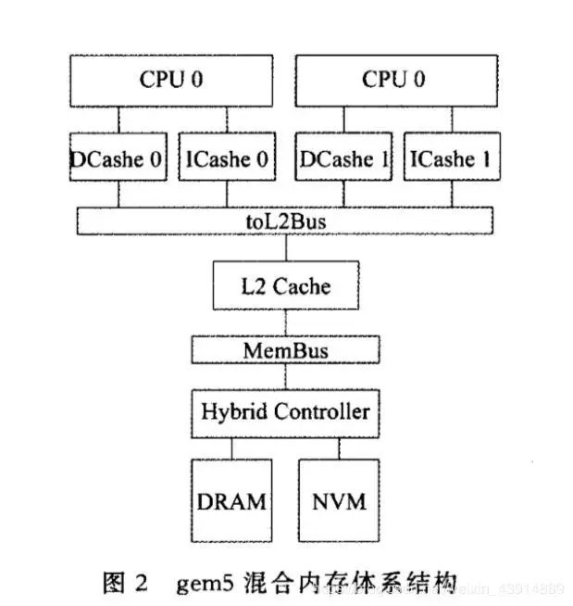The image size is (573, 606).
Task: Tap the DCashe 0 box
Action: click(118, 158)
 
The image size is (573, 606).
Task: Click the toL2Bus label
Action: click(285, 221)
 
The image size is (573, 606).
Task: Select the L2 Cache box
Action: click(285, 285)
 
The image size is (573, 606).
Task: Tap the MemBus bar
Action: click(285, 350)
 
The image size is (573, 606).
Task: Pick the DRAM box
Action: click(230, 502)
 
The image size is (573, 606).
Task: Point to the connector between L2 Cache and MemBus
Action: click(285, 322)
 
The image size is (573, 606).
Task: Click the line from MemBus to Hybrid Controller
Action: click(285, 376)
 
